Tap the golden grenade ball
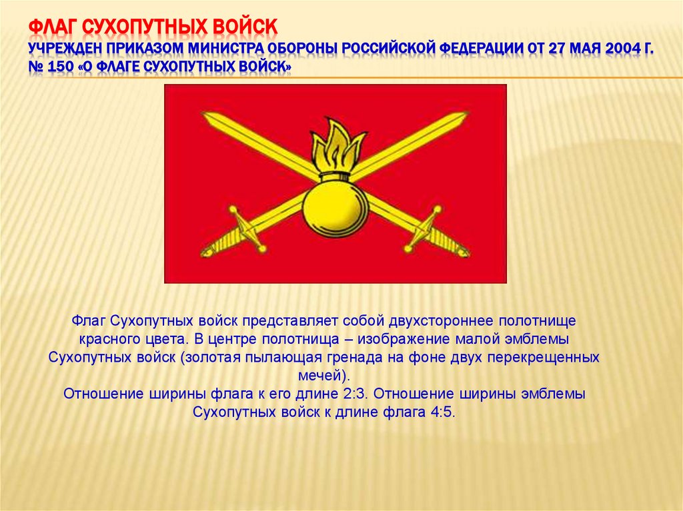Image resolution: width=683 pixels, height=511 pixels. [335, 208]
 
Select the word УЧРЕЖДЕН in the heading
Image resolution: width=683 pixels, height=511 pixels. [73, 49]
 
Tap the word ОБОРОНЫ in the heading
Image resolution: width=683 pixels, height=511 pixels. [302, 49]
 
